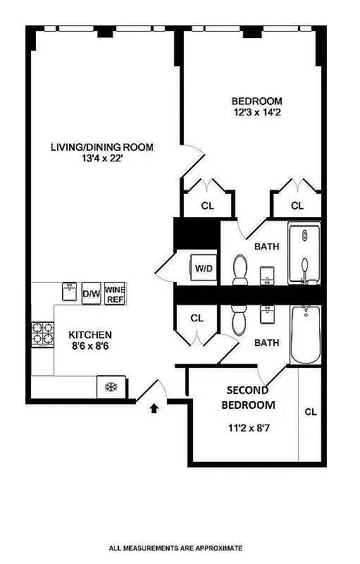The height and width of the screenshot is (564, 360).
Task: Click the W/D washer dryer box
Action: coord(204,268)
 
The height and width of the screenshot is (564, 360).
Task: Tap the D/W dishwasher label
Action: coord(91,294)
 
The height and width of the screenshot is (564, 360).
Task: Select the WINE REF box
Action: coord(114,294)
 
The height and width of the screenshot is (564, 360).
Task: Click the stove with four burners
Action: coord(42,333)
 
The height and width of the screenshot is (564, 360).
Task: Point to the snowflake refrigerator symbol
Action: coord(110,387)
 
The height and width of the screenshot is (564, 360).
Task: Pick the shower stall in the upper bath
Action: coord(304,253)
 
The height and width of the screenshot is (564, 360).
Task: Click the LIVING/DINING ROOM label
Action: coord(102,147)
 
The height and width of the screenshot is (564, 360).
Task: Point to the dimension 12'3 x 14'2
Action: coord(258,112)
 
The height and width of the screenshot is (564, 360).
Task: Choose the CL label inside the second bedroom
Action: coord(311,412)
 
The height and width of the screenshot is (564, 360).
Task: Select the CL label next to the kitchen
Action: coord(197,318)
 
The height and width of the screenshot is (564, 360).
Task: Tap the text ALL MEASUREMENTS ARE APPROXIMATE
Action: coord(175,547)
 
